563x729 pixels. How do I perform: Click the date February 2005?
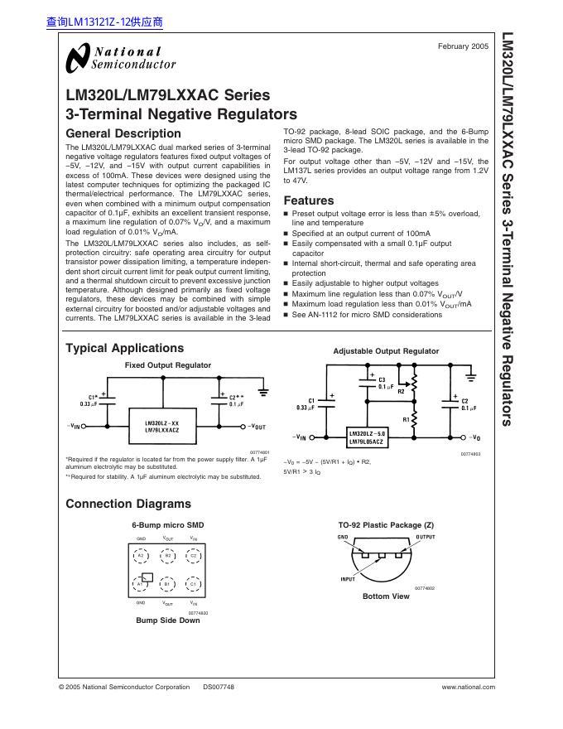point(463,46)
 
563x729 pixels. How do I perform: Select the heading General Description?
point(123,133)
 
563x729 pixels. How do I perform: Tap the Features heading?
point(309,200)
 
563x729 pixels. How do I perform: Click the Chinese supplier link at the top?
point(104,23)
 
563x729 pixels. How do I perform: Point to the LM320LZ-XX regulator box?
point(162,427)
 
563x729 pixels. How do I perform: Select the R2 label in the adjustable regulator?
point(401,390)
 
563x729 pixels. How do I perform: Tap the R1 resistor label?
point(407,420)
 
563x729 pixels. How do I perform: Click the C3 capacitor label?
point(381,380)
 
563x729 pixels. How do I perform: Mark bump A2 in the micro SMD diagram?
point(141,555)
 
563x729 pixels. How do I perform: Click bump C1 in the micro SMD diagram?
point(193,584)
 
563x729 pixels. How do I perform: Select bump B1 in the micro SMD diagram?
point(166,584)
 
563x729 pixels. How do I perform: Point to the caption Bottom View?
point(386,596)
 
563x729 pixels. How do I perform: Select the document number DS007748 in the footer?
point(219,688)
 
